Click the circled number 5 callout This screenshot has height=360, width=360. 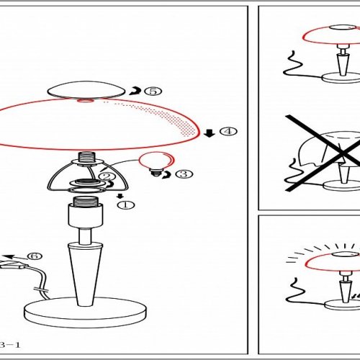click(x=153, y=91)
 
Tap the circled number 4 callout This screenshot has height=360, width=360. click(x=228, y=131)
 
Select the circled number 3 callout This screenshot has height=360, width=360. click(x=184, y=174)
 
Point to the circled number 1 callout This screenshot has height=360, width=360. click(x=126, y=205)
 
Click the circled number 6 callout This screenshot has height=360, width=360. click(x=35, y=256)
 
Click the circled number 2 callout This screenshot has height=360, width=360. click(x=107, y=176)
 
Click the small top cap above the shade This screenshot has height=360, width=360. click(x=86, y=89)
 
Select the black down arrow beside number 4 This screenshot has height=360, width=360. click(x=210, y=133)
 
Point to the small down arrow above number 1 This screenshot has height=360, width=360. click(x=120, y=196)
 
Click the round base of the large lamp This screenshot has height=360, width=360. click(x=85, y=312)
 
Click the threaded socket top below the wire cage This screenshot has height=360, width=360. click(x=86, y=201)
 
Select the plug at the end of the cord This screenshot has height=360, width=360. click(x=13, y=264)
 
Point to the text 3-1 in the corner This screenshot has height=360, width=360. click(x=10, y=345)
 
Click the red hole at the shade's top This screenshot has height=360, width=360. click(x=86, y=100)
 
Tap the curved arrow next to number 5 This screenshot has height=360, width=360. click(x=135, y=91)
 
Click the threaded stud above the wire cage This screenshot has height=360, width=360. click(x=87, y=157)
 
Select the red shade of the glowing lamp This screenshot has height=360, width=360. click(x=333, y=264)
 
